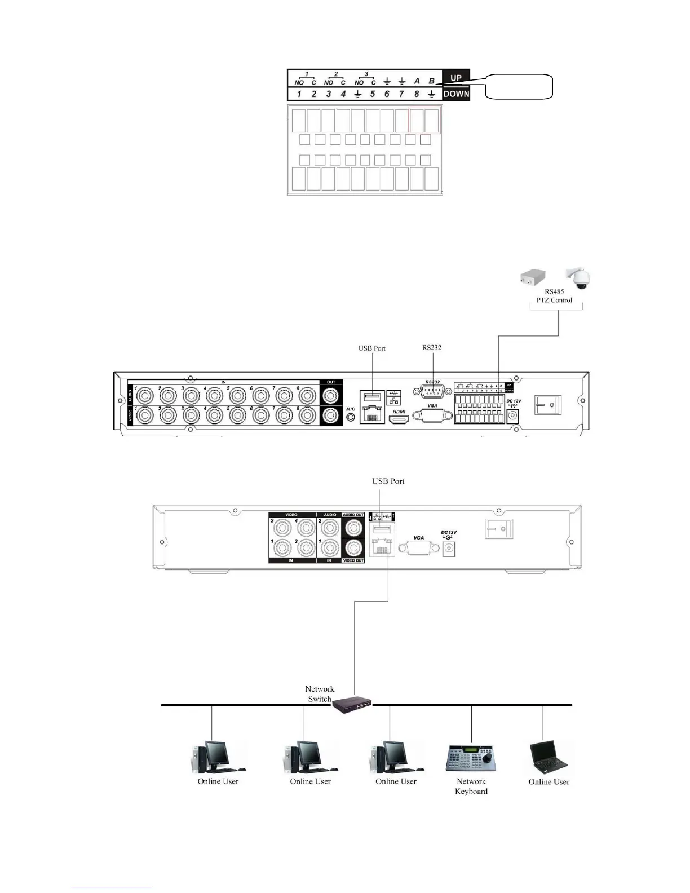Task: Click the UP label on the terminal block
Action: pos(455,78)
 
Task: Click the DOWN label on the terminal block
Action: pos(456,94)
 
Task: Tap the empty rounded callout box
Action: pos(519,86)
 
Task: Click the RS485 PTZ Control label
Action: pos(555,296)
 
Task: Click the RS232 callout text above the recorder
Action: pos(432,347)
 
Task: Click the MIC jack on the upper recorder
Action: pos(351,417)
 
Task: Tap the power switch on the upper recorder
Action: pos(547,404)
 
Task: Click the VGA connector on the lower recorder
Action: pos(419,547)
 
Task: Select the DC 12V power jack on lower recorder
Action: pos(449,547)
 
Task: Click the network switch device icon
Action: pos(352,705)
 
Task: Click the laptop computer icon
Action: pos(549,758)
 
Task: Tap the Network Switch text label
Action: pos(320,694)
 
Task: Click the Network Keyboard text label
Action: pos(471,786)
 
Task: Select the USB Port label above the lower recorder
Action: pos(388,481)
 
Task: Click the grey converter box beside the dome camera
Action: pos(536,277)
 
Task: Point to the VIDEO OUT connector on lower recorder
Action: pos(353,547)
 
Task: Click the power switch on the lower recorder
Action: pos(499,528)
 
